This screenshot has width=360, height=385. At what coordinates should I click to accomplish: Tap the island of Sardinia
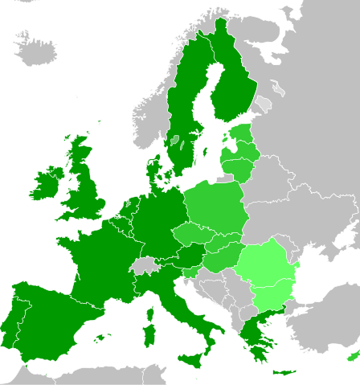[x=149, y=331]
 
